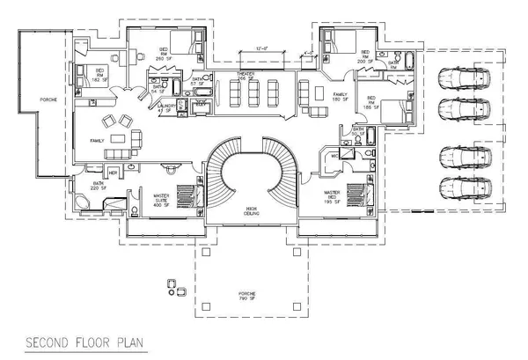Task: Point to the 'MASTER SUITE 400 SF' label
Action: pos(161,199)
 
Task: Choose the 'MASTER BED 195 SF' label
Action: pos(333,195)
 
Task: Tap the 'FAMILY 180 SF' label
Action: pos(341,96)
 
